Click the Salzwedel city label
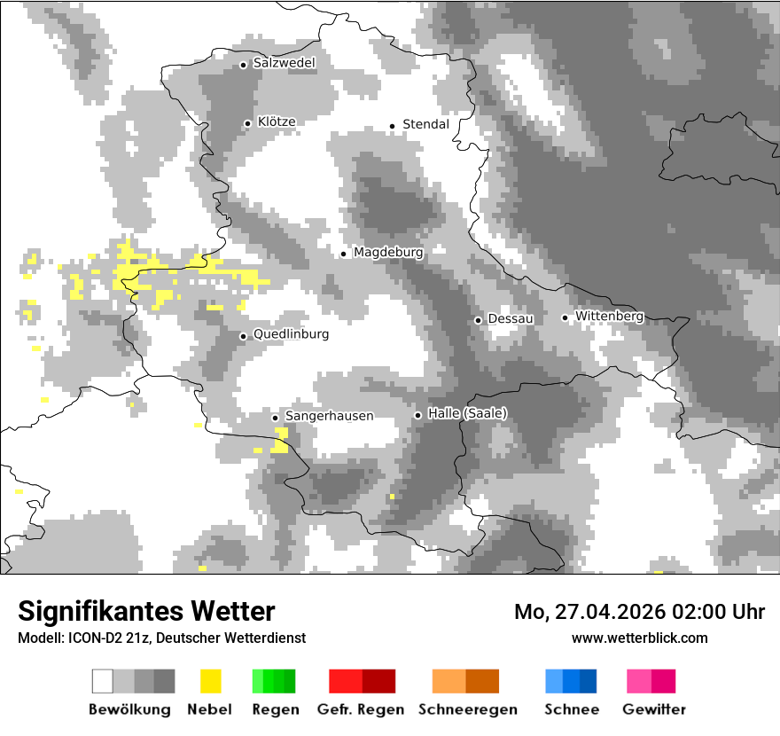click(x=284, y=63)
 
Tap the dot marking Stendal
click(x=392, y=126)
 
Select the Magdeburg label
click(x=388, y=253)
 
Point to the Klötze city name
click(x=277, y=121)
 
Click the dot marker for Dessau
click(x=478, y=320)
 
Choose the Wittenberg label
click(x=609, y=316)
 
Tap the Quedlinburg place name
click(x=291, y=334)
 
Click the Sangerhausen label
click(x=329, y=416)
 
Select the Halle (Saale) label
click(x=467, y=413)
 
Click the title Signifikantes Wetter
click(x=146, y=611)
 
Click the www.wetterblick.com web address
click(x=639, y=638)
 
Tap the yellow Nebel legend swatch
click(x=210, y=681)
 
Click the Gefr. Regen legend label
click(x=361, y=709)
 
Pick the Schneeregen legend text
click(x=467, y=709)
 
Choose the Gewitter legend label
click(x=654, y=709)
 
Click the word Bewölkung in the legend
click(x=129, y=709)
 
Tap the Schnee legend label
click(x=572, y=709)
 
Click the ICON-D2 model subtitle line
click(x=161, y=638)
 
